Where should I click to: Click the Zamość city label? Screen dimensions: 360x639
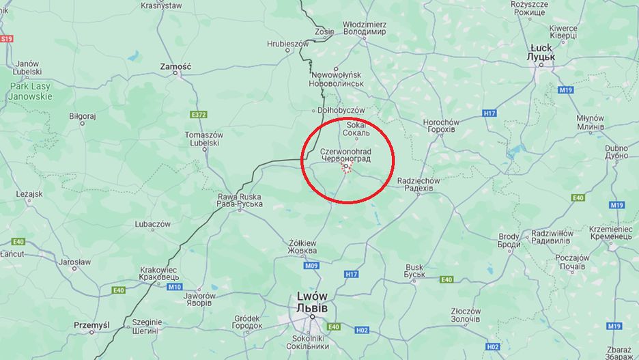(x=175, y=66)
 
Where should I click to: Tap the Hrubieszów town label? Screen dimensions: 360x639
(x=287, y=43)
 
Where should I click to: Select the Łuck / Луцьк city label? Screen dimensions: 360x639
(x=541, y=53)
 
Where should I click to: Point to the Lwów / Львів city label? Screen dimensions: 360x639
(x=312, y=302)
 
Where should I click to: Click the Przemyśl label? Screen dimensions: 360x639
(x=91, y=325)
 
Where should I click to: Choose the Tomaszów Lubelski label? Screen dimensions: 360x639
(x=203, y=139)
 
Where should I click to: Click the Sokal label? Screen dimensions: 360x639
(x=356, y=128)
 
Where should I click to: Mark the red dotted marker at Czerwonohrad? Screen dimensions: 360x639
(x=347, y=168)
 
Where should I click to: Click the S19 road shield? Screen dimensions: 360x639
(x=6, y=39)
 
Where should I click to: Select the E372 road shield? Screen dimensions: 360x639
(x=199, y=115)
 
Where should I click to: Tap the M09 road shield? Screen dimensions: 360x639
(x=311, y=265)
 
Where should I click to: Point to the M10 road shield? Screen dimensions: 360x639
(x=174, y=287)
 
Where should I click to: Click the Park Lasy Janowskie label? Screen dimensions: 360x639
(x=30, y=92)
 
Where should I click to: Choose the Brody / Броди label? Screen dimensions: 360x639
(x=509, y=240)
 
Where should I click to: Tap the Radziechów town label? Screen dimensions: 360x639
(x=418, y=184)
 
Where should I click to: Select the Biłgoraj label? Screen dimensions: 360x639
(x=83, y=116)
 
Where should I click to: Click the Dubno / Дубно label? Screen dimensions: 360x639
(x=616, y=151)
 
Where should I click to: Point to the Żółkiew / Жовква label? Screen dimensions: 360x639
(x=302, y=247)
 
